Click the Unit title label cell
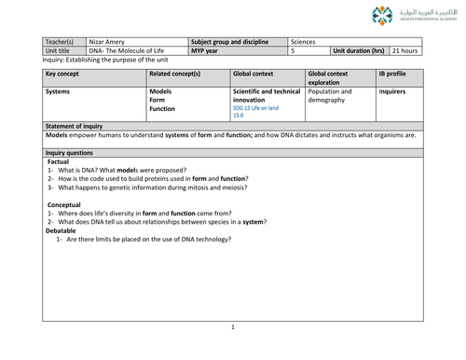(60, 51)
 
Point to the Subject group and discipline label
(228, 42)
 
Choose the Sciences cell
(304, 42)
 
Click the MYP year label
(206, 51)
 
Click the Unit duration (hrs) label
(359, 51)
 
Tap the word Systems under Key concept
(60, 92)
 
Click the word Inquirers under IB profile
(392, 92)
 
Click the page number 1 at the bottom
(233, 328)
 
